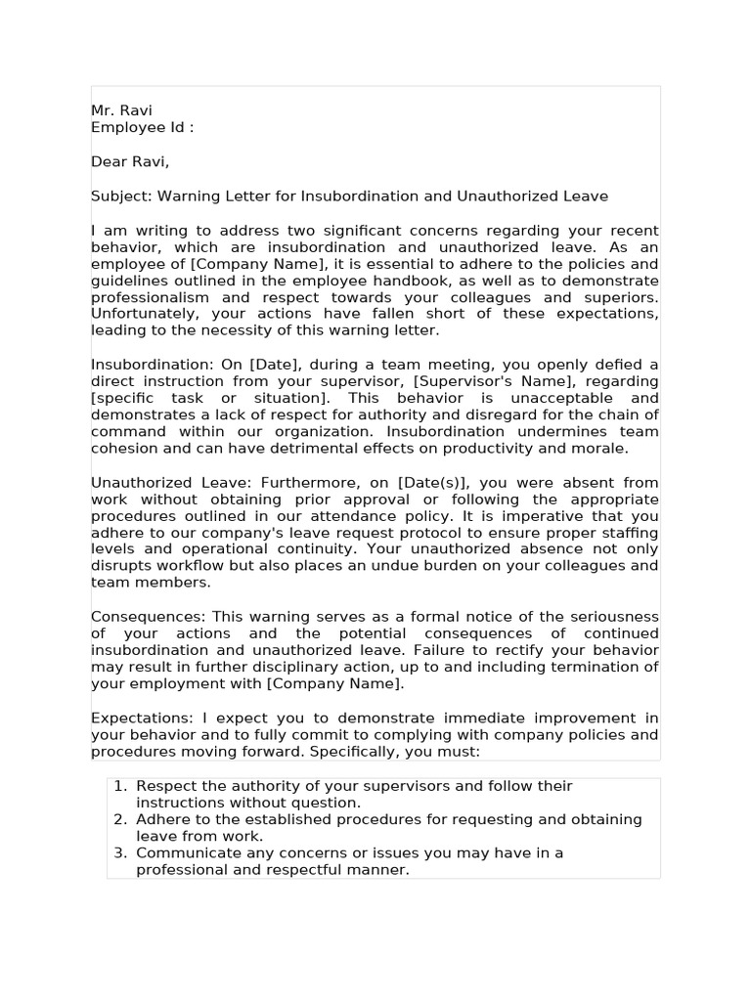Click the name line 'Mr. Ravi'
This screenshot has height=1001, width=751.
121,110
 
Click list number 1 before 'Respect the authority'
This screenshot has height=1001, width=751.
119,786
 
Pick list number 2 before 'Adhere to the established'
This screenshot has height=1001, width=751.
119,819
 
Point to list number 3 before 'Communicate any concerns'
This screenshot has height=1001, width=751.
119,852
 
